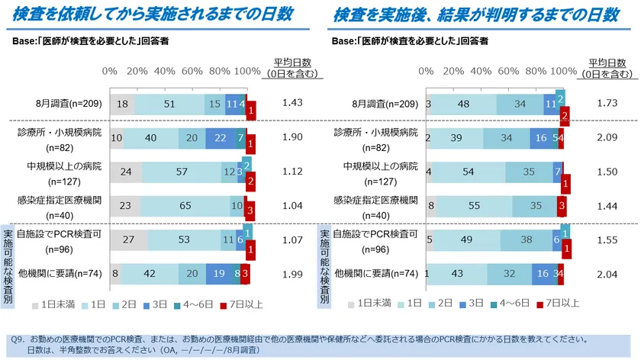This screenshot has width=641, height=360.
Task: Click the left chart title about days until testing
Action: coord(157,15)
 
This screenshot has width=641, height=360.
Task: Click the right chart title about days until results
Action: coord(475,15)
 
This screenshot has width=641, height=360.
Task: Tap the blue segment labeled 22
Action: coord(220,137)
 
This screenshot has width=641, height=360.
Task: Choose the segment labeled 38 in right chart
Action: coord(527,239)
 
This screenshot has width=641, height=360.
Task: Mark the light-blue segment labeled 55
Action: coord(475,205)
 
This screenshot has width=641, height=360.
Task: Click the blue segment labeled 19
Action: coord(219,273)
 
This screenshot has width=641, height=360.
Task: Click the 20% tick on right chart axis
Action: coord(454,71)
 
